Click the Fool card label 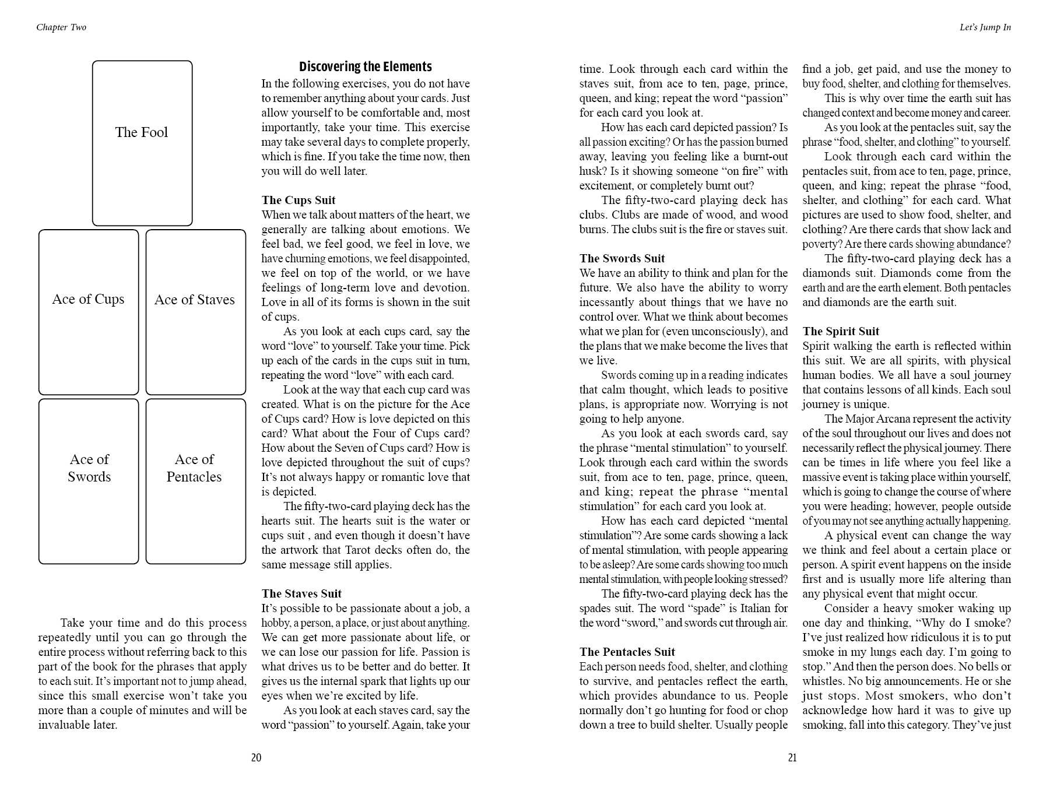pyautogui.click(x=142, y=132)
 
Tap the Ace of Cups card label pyautogui.click(x=88, y=299)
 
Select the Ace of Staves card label pyautogui.click(x=195, y=300)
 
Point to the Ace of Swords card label pyautogui.click(x=89, y=468)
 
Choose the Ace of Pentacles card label pyautogui.click(x=194, y=468)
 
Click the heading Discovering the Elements pyautogui.click(x=366, y=66)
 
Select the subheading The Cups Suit pyautogui.click(x=299, y=200)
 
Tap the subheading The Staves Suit pyautogui.click(x=301, y=593)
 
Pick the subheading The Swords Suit pyautogui.click(x=622, y=258)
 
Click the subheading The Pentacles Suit pyautogui.click(x=627, y=652)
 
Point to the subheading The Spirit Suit pyautogui.click(x=841, y=331)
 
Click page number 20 pyautogui.click(x=256, y=757)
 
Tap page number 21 pyautogui.click(x=792, y=757)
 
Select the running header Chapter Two pyautogui.click(x=61, y=27)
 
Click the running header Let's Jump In pyautogui.click(x=985, y=27)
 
